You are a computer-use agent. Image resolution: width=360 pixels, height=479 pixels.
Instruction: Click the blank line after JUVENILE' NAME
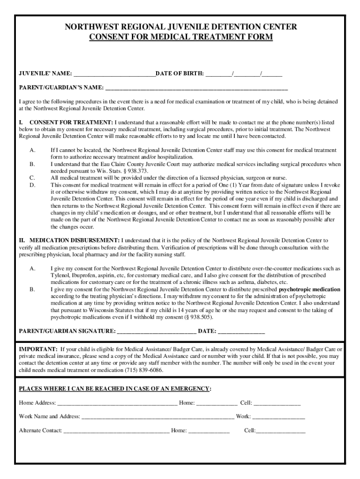(x=114, y=74)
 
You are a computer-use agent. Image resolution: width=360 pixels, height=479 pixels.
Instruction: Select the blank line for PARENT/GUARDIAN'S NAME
(x=196, y=88)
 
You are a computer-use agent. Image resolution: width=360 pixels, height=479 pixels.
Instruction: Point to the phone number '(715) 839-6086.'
(x=144, y=370)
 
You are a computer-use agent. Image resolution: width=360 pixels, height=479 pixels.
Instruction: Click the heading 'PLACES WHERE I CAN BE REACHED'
(x=115, y=389)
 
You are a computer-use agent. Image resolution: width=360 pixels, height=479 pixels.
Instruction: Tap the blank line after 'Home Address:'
(x=117, y=403)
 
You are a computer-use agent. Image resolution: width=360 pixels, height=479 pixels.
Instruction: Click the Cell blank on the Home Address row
(x=277, y=403)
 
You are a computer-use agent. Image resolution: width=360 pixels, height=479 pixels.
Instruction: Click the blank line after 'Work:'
(x=279, y=417)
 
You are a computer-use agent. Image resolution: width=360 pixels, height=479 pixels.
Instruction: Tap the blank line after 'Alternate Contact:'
(x=116, y=431)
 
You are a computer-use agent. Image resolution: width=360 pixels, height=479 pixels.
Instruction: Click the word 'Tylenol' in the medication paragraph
(x=60, y=276)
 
